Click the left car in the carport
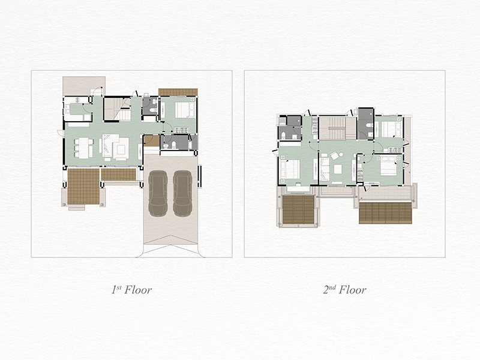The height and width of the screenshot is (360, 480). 158,193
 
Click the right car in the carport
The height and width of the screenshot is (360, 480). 182,193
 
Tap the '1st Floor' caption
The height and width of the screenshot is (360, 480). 131,290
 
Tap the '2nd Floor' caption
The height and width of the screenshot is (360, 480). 344,290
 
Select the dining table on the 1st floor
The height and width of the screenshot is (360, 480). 84,148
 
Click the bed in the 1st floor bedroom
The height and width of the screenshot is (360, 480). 185,110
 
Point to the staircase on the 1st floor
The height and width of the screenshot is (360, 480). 118,109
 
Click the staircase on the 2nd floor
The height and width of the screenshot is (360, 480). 337,128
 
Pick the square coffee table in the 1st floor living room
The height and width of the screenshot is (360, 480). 121,149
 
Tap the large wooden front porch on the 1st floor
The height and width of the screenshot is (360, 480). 83,186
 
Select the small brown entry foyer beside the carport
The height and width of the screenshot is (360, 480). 152,141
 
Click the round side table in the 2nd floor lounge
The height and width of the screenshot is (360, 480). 341,155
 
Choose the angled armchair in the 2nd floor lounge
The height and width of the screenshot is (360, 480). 334,155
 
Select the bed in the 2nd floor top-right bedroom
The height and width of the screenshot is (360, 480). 389,130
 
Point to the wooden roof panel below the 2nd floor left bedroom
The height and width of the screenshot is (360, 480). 298,209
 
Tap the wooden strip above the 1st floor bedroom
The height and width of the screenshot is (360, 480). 178,92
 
